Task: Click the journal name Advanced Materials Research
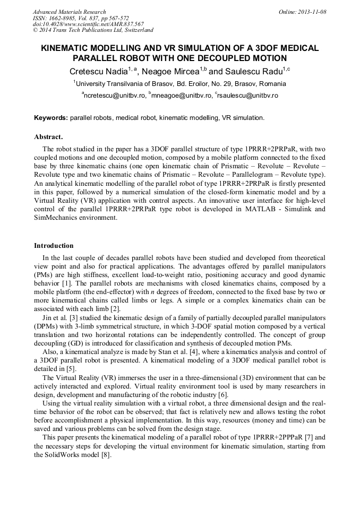(x=69, y=12)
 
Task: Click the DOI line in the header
(x=88, y=24)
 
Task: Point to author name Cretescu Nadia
(x=97, y=71)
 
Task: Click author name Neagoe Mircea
(x=169, y=71)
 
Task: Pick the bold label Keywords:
(x=51, y=117)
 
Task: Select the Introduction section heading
(x=54, y=246)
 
